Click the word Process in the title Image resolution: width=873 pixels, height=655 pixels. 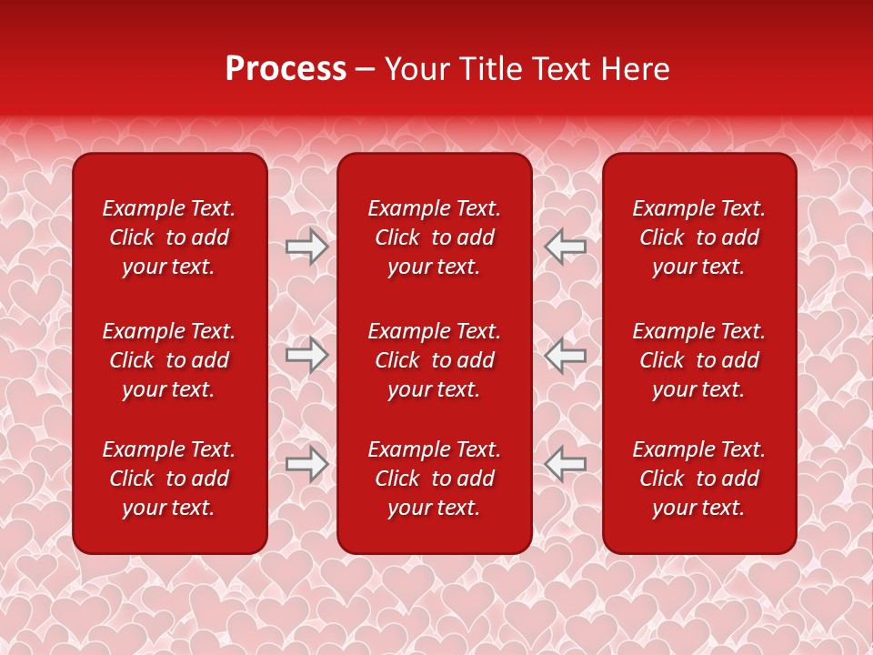(x=286, y=69)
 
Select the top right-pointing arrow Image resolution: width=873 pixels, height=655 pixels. (x=307, y=246)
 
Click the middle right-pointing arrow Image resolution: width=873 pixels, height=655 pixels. (x=307, y=355)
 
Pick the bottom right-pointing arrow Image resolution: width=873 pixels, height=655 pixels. (x=307, y=464)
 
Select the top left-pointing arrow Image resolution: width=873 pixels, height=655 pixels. (x=565, y=246)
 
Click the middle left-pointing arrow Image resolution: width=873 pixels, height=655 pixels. (x=565, y=355)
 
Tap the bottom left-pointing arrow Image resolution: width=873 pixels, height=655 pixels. (x=565, y=464)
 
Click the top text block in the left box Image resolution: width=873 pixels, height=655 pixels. (x=169, y=237)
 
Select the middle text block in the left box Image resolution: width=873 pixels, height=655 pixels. (x=169, y=360)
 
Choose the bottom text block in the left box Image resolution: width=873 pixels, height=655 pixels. (x=169, y=479)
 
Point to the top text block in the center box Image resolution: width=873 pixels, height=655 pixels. (x=434, y=237)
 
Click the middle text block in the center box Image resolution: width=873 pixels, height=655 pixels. (x=434, y=360)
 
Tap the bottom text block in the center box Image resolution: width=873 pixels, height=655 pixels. (x=434, y=479)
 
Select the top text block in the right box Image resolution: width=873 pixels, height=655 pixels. (x=698, y=237)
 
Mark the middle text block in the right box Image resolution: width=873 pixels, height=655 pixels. (x=698, y=360)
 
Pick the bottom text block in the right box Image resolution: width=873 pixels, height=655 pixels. (x=698, y=479)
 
